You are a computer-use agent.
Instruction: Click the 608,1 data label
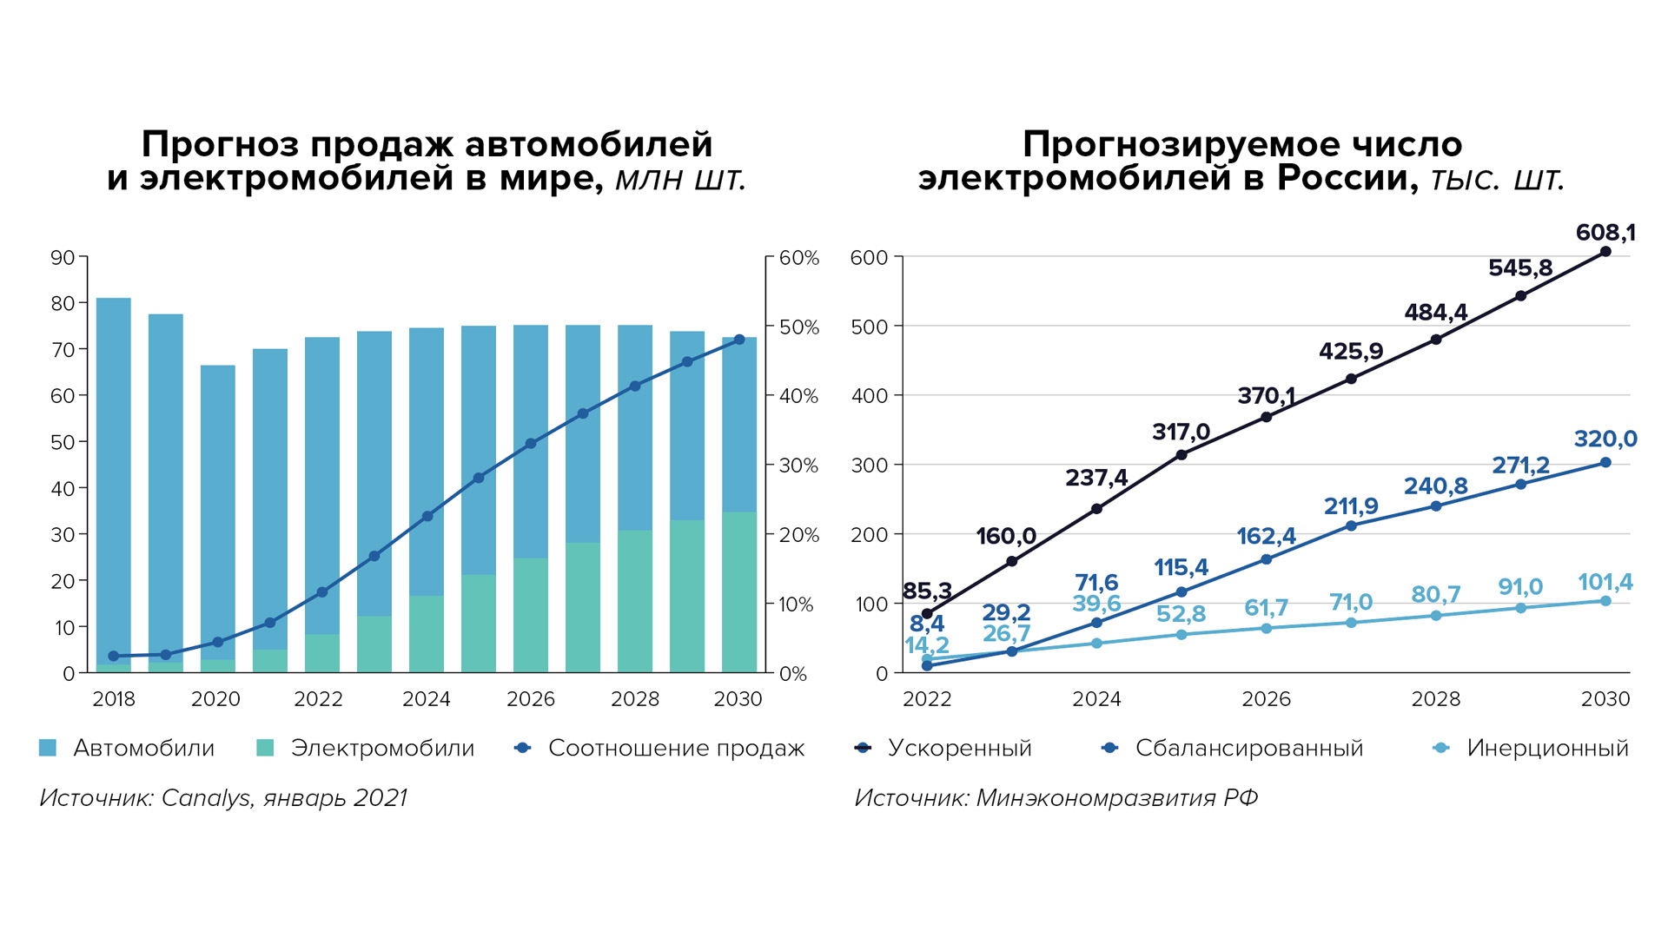tap(1605, 233)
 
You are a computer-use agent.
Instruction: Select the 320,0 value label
tap(1605, 439)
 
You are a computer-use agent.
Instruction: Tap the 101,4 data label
tap(1605, 582)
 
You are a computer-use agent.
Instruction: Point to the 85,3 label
tap(927, 592)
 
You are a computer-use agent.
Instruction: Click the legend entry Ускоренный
tap(959, 748)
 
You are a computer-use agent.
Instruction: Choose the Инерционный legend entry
tap(1546, 748)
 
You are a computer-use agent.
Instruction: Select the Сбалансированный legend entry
tap(1248, 748)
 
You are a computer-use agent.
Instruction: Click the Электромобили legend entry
tap(381, 748)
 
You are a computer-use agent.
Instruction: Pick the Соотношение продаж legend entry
tap(676, 748)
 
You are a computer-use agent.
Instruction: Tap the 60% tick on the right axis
tap(798, 258)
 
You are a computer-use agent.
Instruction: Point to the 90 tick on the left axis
tap(63, 258)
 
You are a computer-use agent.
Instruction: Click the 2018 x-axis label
tap(114, 699)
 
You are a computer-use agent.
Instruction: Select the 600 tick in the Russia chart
tap(869, 258)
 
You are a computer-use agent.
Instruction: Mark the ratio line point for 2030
tap(739, 340)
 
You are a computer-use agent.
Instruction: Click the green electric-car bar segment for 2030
tap(739, 591)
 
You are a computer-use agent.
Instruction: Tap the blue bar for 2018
tap(114, 478)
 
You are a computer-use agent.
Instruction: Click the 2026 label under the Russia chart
tap(1266, 699)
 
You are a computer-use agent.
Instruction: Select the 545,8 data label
tap(1519, 268)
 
